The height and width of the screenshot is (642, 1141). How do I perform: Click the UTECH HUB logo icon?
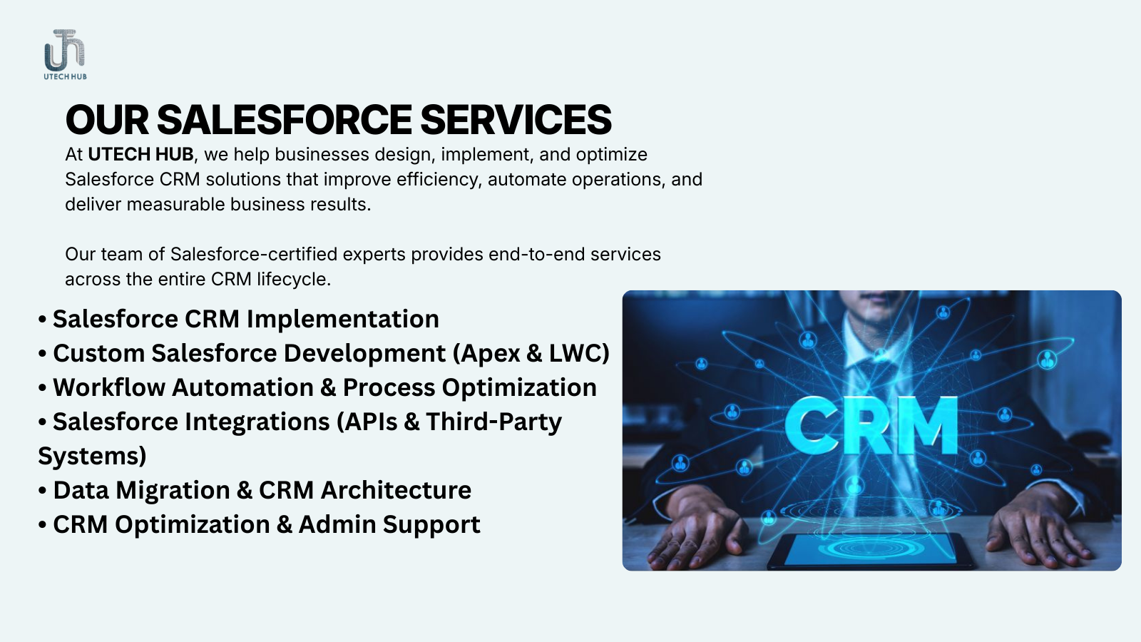[x=65, y=50]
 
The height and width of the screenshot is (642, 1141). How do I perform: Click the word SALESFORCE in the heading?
[x=284, y=120]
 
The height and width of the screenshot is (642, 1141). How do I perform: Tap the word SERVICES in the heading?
[x=516, y=120]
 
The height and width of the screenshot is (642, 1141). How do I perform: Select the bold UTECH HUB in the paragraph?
[x=140, y=154]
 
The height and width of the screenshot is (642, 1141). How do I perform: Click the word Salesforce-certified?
[x=254, y=254]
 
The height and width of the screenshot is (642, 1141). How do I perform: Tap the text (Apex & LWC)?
[x=531, y=354]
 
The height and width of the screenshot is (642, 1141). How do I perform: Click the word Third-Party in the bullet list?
[x=493, y=422]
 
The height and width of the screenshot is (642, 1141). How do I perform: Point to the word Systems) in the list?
[x=92, y=456]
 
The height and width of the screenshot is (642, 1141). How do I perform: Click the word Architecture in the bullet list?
[x=396, y=490]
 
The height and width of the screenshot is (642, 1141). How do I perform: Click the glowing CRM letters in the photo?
[x=871, y=426]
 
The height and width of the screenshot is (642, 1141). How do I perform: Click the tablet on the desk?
[x=870, y=550]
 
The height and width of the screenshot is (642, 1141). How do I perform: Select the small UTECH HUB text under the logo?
[x=65, y=77]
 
